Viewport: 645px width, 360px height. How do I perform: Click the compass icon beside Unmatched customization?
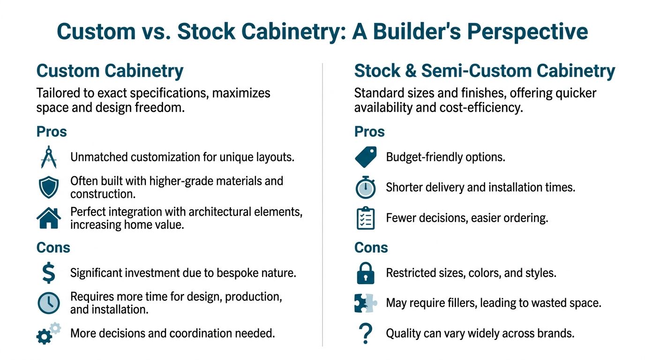(49, 157)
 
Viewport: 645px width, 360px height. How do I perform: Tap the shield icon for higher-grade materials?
(49, 187)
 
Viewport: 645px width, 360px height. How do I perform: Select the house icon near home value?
(49, 218)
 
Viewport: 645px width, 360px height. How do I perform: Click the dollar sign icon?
(48, 273)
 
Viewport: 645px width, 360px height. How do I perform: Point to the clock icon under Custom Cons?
(49, 303)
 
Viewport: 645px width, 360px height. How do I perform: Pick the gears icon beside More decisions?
(48, 334)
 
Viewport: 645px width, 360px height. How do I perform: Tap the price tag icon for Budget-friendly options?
(366, 157)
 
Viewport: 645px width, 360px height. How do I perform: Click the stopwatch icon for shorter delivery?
(366, 187)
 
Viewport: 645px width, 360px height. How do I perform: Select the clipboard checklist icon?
(366, 218)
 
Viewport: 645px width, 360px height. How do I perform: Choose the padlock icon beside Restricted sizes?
(366, 273)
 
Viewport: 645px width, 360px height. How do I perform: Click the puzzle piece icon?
(366, 303)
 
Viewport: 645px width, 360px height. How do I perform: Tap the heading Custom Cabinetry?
(110, 71)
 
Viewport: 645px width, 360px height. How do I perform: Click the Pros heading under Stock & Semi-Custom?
(369, 132)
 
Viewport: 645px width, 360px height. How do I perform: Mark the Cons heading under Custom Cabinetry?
(53, 247)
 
